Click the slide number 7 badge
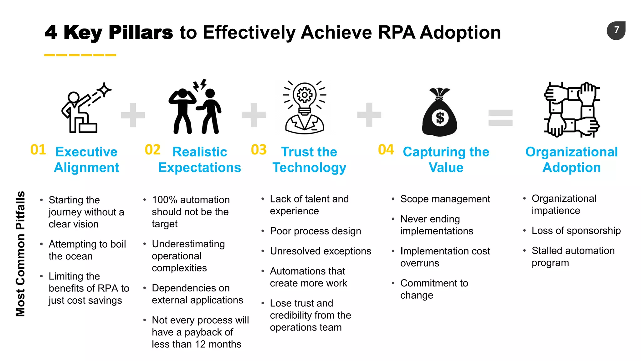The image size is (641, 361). tap(616, 30)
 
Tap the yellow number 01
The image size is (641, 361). tap(38, 150)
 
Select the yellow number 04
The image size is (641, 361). tap(386, 150)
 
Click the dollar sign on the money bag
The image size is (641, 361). tap(440, 118)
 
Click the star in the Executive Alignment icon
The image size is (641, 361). tap(105, 90)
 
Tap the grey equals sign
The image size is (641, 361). tap(500, 118)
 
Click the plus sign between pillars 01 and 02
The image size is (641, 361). tap(133, 115)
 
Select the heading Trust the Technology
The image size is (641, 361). tap(309, 160)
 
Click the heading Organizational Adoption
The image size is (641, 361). tap(572, 160)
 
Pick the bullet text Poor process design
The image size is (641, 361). tap(315, 231)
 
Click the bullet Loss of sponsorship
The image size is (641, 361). tap(576, 231)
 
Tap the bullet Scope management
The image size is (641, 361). tap(445, 199)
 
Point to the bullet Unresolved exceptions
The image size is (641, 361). tap(320, 251)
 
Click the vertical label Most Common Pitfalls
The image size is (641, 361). tap(20, 254)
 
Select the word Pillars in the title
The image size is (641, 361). tap(141, 32)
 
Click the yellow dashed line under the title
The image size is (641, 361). tap(80, 55)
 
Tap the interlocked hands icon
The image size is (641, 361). tap(572, 110)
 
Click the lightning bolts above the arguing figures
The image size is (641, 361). tap(200, 85)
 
